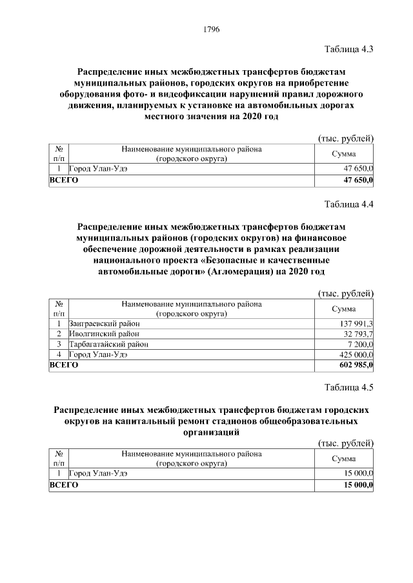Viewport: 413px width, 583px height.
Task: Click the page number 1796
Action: click(212, 29)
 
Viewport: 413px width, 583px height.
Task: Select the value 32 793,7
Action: click(358, 334)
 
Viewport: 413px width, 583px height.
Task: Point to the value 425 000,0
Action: click(356, 354)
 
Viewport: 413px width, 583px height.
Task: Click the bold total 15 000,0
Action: click(358, 484)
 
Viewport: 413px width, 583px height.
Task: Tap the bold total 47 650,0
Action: click(358, 181)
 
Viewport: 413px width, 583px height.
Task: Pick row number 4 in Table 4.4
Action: click(59, 354)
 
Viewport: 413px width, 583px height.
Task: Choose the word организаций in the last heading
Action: click(212, 433)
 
